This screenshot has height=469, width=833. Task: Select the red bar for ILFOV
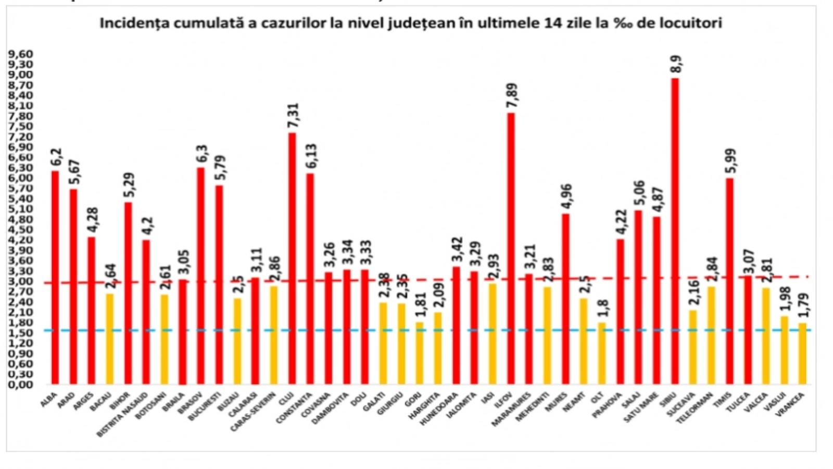click(511, 248)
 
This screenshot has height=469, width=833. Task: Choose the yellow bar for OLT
click(602, 353)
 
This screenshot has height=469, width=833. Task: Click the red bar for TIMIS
click(729, 281)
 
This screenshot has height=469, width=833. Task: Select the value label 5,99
click(730, 162)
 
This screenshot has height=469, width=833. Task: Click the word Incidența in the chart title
click(130, 24)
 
